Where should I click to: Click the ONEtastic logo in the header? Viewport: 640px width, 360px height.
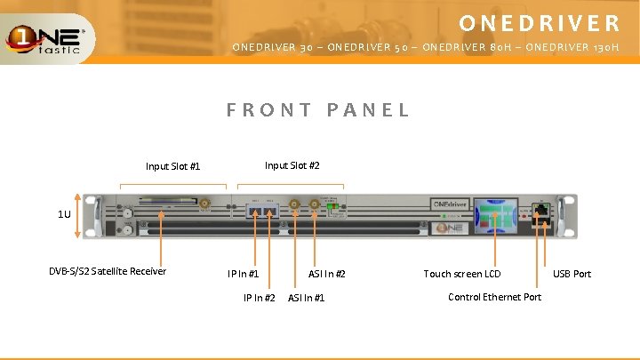point(47,38)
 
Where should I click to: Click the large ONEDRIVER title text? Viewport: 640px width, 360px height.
point(540,22)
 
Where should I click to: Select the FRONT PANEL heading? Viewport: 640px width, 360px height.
point(318,110)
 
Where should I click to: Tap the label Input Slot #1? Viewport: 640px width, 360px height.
point(173,166)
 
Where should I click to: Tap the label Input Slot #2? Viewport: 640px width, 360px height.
point(292,165)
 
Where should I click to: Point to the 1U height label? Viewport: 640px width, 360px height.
point(64,214)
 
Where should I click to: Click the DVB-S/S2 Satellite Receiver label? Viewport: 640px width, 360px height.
point(108,271)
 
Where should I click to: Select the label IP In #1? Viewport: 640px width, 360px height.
point(243,274)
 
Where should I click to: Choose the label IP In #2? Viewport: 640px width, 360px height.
point(259,297)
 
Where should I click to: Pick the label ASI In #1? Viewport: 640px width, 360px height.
point(306,297)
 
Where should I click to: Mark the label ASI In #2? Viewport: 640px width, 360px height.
point(327,274)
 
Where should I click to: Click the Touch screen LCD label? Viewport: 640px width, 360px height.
point(461,274)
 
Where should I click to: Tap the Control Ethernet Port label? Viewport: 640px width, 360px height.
point(494,297)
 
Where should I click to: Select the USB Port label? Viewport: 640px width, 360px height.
point(572,274)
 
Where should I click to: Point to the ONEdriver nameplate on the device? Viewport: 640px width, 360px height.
point(451,204)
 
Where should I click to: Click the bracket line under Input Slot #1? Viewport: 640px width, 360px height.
point(172,185)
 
